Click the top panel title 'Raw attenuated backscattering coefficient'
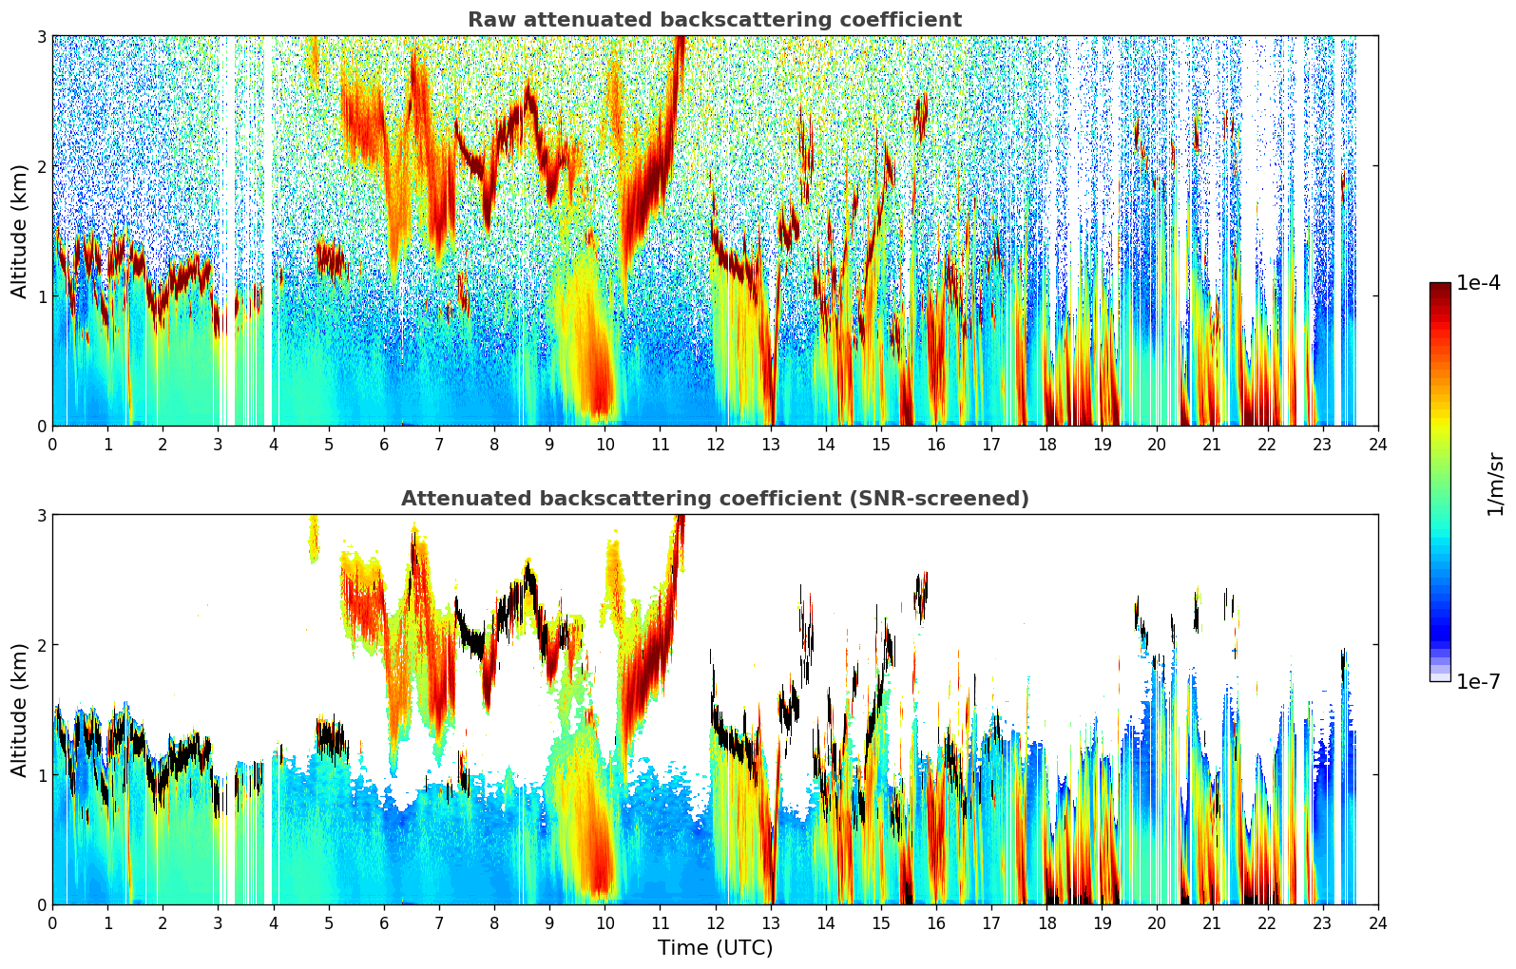[714, 20]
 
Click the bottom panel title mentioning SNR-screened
[714, 499]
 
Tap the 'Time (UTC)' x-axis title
[715, 948]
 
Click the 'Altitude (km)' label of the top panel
[19, 231]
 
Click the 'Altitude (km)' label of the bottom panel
[19, 710]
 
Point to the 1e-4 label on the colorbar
[1478, 283]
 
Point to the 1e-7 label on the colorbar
[1478, 681]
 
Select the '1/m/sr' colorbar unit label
[1495, 483]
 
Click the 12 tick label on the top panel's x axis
[715, 445]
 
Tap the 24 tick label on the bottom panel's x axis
[1377, 923]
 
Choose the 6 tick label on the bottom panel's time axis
[383, 923]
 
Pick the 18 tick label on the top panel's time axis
[1046, 445]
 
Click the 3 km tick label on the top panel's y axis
[41, 36]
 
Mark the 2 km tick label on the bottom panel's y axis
[41, 645]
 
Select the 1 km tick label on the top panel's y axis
[41, 296]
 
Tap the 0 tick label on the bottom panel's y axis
[41, 904]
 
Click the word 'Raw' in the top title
[488, 20]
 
